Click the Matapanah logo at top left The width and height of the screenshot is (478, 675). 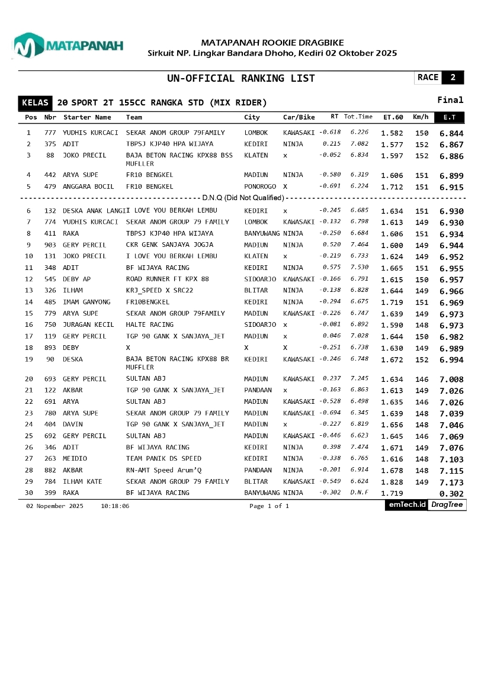(x=68, y=46)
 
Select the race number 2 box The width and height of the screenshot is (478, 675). (x=453, y=78)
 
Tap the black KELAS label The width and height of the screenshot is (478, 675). (x=35, y=103)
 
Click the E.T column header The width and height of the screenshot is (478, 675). (x=450, y=117)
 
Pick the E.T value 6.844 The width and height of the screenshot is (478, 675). (x=451, y=133)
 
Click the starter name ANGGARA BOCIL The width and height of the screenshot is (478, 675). (x=88, y=187)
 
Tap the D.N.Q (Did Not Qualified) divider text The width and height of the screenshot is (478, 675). (x=243, y=198)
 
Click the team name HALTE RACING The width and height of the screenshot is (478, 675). (x=150, y=324)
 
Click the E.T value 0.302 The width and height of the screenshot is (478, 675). (x=451, y=493)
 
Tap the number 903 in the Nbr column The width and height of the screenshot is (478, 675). (x=50, y=245)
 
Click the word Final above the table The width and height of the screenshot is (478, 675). (x=450, y=100)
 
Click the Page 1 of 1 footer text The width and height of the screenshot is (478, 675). (x=270, y=506)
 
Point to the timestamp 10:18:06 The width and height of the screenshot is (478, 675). (x=115, y=506)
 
